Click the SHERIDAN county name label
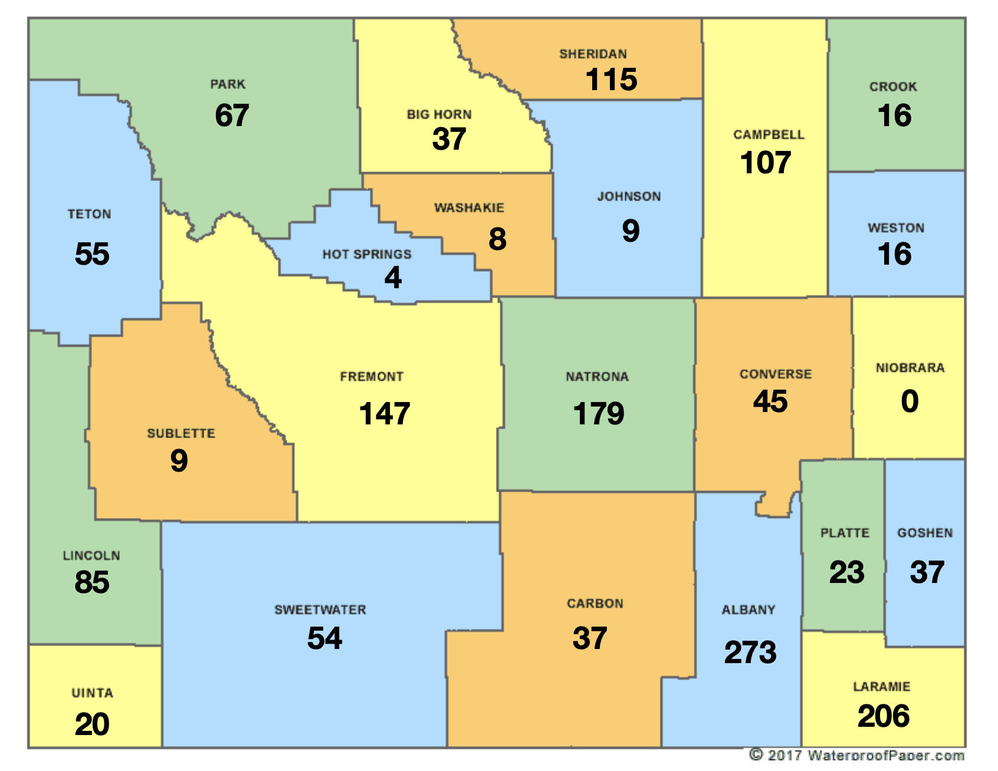593,54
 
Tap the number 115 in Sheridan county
611,80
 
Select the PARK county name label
228,84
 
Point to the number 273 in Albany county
750,653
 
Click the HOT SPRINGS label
367,255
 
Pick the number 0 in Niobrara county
910,401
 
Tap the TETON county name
89,215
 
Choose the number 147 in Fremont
385,414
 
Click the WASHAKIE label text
469,208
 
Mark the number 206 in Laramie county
883,716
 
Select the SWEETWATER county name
320,610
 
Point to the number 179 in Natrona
598,414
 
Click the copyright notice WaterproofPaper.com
856,755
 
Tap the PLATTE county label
845,533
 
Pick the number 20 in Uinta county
92,724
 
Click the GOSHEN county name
925,533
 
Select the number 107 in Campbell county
766,163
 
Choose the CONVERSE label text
776,374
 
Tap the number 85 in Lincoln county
92,582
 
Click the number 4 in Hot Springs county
393,278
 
